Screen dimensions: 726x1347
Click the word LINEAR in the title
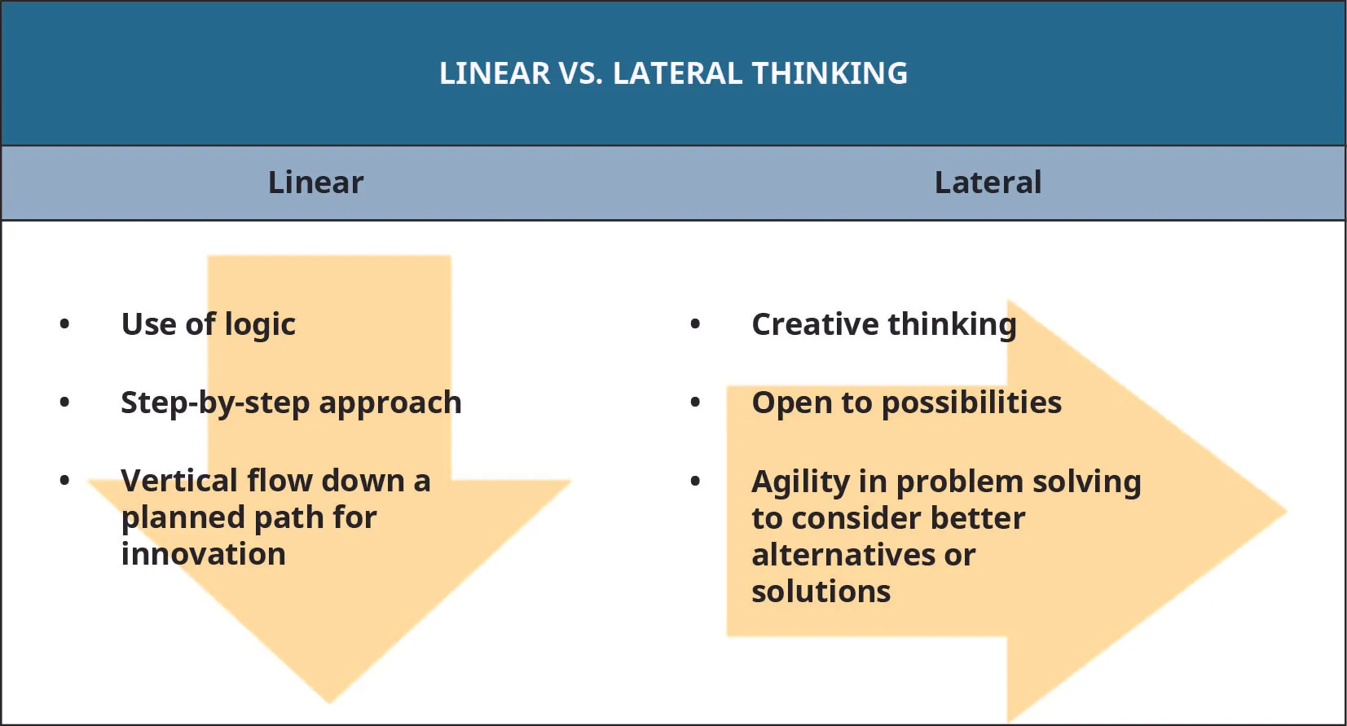(495, 73)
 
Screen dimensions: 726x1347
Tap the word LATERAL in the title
(677, 73)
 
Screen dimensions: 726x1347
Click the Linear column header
(315, 183)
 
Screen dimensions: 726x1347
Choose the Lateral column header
(988, 183)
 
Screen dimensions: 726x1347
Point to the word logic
(260, 325)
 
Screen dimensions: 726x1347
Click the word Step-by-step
(215, 403)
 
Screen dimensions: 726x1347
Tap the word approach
(390, 403)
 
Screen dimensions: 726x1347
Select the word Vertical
(179, 481)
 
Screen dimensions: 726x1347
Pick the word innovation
(204, 554)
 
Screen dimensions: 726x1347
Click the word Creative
(815, 324)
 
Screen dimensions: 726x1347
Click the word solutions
(821, 592)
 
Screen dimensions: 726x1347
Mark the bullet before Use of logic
(65, 324)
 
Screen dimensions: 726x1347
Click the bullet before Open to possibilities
(695, 403)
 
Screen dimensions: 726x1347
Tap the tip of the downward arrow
(330, 701)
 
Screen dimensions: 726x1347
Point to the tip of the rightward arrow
(1284, 512)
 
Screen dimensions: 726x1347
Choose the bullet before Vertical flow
(65, 481)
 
